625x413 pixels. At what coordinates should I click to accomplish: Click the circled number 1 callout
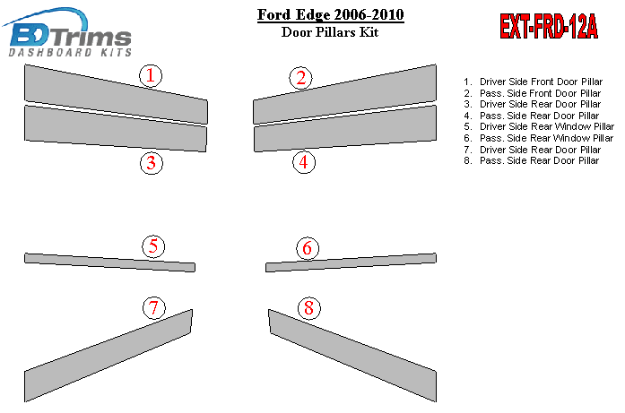151,75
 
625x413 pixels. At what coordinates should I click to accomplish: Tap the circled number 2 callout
301,78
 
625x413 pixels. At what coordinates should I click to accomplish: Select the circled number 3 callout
151,163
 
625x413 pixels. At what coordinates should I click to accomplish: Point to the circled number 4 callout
304,162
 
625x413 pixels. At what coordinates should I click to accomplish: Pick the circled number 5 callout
153,246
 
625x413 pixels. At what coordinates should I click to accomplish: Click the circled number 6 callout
308,248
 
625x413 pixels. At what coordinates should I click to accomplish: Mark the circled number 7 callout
154,307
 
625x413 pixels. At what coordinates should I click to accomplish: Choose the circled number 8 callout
308,308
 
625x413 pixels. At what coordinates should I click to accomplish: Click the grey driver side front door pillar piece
116,94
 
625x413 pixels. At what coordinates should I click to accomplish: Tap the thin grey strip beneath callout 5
109,262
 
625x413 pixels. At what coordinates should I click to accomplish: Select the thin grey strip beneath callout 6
351,262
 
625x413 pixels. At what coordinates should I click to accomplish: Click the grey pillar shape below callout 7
109,356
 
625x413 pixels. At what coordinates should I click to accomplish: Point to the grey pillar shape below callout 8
352,356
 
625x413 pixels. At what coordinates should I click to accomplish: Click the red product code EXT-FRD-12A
549,26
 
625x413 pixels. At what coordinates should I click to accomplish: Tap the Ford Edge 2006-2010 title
331,14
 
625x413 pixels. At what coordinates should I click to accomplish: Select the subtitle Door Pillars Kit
330,32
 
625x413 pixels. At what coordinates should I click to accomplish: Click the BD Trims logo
68,32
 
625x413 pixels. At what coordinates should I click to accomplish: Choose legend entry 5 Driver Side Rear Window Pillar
539,126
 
